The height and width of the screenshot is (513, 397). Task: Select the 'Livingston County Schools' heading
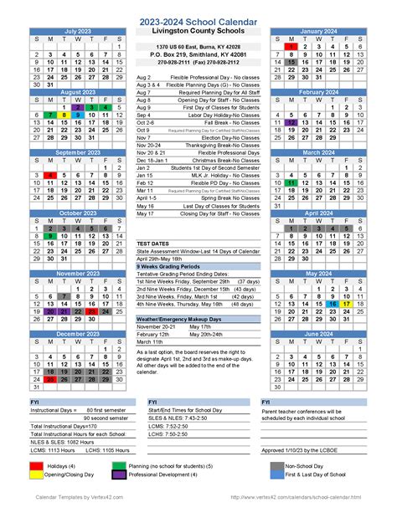(x=198, y=31)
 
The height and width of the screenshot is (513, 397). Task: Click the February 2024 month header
(x=318, y=92)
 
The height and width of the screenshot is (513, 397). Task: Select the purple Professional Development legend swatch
(x=120, y=475)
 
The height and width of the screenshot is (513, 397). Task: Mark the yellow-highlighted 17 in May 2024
(x=345, y=304)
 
